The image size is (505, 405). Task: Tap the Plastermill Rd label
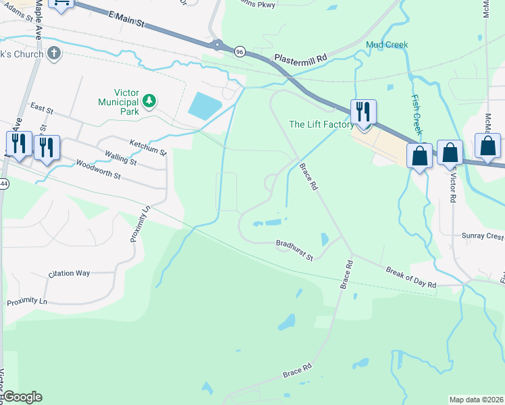[x=300, y=59]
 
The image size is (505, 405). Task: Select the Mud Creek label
[x=387, y=45]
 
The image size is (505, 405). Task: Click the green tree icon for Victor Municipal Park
[x=149, y=102]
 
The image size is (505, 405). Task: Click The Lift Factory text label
[x=321, y=124]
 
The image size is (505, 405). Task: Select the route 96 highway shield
[x=239, y=51]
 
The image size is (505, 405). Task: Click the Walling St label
[x=120, y=159]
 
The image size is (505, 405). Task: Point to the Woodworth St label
[x=98, y=169]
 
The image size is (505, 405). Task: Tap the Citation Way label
[x=69, y=273]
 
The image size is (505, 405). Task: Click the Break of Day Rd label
[x=411, y=276]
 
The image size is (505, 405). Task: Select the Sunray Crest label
[x=482, y=237]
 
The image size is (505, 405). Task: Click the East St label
[x=42, y=108]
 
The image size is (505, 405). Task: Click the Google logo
[x=22, y=397]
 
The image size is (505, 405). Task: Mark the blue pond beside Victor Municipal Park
[x=205, y=105]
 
